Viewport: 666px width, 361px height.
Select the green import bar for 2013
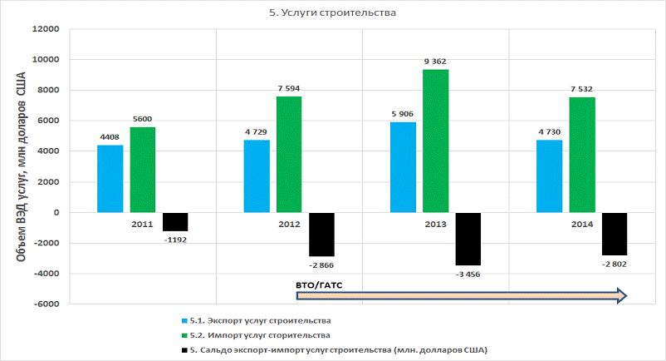pyautogui.click(x=435, y=141)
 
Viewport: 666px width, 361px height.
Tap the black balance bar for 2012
pyautogui.click(x=321, y=234)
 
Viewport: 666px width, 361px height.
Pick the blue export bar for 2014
pyautogui.click(x=549, y=176)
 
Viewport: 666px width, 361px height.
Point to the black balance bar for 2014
pyautogui.click(x=615, y=234)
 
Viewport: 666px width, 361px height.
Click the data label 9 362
pyautogui.click(x=437, y=61)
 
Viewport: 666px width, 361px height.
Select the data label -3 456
pyautogui.click(x=467, y=274)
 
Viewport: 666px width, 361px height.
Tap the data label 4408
pyautogui.click(x=110, y=137)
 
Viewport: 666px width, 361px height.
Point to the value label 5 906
pyautogui.click(x=402, y=114)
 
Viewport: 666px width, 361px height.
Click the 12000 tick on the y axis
pyautogui.click(x=45, y=29)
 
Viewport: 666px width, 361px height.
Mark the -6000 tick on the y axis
pyautogui.click(x=45, y=304)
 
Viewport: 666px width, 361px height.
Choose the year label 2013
pyautogui.click(x=435, y=225)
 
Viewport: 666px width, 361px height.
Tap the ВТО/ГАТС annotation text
pyautogui.click(x=319, y=285)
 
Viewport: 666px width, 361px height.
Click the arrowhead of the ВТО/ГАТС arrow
pyautogui.click(x=620, y=294)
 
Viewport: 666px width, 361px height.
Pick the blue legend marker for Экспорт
pyautogui.click(x=184, y=320)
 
